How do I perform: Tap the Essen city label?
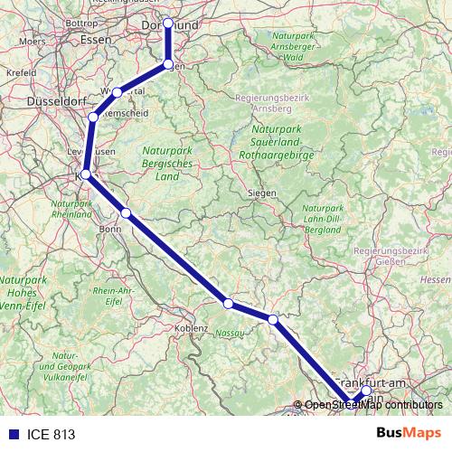[x=95, y=40]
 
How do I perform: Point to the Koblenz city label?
[x=193, y=327]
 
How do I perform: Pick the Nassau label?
[x=230, y=333]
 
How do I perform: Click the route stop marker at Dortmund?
[x=168, y=24]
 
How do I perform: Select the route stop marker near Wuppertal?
[x=118, y=92]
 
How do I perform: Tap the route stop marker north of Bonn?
[x=127, y=213]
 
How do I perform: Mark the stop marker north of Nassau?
[x=229, y=304]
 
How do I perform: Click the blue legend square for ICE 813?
[x=13, y=434]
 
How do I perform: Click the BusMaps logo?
[x=409, y=433]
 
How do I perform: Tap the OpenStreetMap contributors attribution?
[x=372, y=405]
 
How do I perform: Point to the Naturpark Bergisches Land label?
[x=167, y=164]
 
